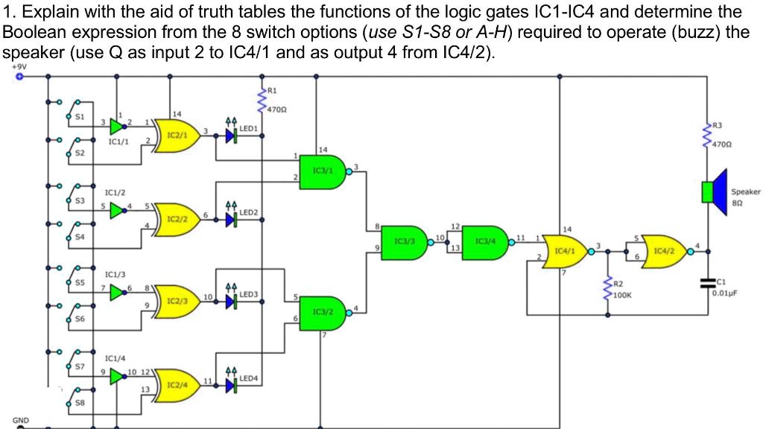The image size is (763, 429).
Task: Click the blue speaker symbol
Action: coord(717,192)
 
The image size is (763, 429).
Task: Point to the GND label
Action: coord(22,421)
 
